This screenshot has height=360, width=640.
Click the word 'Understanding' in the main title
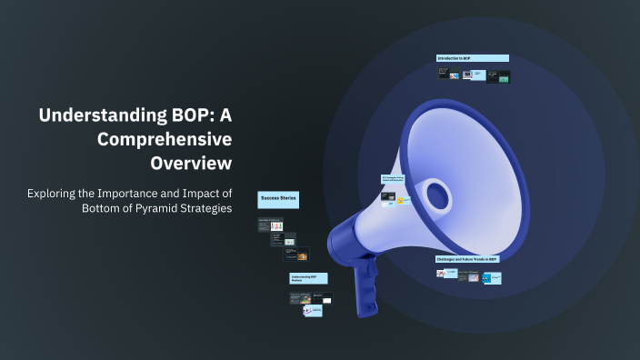point(95,116)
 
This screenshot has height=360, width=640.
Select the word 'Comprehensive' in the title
point(165,139)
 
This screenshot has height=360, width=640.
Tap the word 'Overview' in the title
point(191,163)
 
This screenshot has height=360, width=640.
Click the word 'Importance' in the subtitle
point(146,193)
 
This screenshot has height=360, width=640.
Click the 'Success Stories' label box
point(279,197)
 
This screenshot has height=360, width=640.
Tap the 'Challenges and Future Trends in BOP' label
point(467,259)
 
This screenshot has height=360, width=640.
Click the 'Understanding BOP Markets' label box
point(308,278)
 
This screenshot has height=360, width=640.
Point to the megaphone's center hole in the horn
point(438,194)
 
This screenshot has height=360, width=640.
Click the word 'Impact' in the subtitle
point(213,193)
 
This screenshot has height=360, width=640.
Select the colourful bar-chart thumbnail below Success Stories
point(277,226)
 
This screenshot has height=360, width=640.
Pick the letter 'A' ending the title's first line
point(224,116)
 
